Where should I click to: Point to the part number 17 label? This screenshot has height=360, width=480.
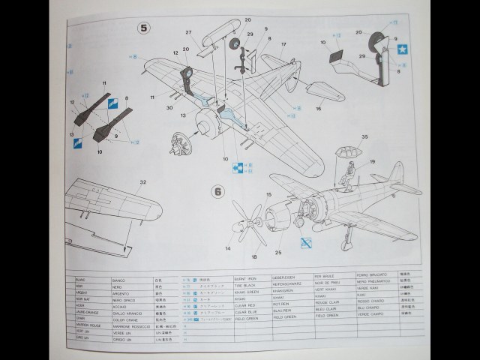point(284,45)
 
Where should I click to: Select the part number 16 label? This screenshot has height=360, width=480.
point(318,109)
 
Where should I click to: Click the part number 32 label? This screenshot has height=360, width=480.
point(143,181)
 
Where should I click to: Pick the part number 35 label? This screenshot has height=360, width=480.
point(364,137)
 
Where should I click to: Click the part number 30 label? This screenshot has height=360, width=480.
point(170,108)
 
